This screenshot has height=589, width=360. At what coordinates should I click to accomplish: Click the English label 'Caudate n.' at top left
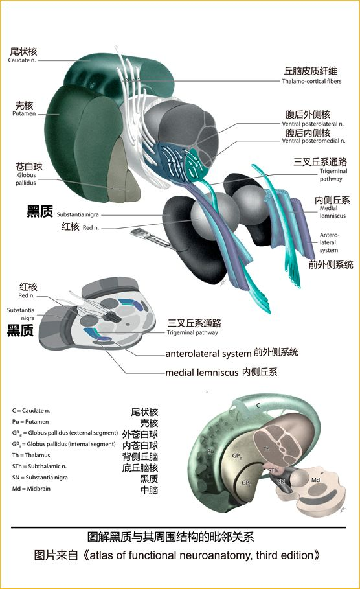pyautogui.click(x=22, y=60)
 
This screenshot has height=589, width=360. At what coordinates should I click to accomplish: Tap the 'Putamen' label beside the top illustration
pyautogui.click(x=24, y=114)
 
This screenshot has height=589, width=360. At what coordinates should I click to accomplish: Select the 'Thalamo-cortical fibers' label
pyautogui.click(x=311, y=81)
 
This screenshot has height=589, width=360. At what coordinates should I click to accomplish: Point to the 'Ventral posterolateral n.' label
pyautogui.click(x=313, y=124)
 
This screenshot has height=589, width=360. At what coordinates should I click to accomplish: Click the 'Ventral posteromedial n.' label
pyautogui.click(x=313, y=141)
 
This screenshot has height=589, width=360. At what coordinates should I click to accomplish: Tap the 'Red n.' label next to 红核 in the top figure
pyautogui.click(x=91, y=227)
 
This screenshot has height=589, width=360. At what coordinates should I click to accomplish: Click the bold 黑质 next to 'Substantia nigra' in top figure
pyautogui.click(x=39, y=211)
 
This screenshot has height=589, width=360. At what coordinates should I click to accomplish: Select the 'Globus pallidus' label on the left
pyautogui.click(x=26, y=179)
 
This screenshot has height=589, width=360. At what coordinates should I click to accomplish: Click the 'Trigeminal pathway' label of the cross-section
pyautogui.click(x=192, y=332)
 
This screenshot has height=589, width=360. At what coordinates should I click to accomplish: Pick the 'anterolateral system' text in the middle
pyautogui.click(x=208, y=354)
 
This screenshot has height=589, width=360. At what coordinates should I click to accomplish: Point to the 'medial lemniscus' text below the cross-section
pyautogui.click(x=202, y=373)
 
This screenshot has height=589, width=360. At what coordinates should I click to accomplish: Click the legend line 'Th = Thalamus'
pyautogui.click(x=31, y=456)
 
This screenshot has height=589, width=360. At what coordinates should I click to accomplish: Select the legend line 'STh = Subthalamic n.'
pyautogui.click(x=39, y=467)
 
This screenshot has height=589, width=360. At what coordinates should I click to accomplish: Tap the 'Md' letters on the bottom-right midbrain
pyautogui.click(x=315, y=480)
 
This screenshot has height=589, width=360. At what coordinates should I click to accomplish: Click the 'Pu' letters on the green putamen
pyautogui.click(x=210, y=451)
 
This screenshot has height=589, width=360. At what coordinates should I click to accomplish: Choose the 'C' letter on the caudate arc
pyautogui.click(x=258, y=406)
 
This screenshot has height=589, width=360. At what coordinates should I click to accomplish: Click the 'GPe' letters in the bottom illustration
pyautogui.click(x=237, y=456)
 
